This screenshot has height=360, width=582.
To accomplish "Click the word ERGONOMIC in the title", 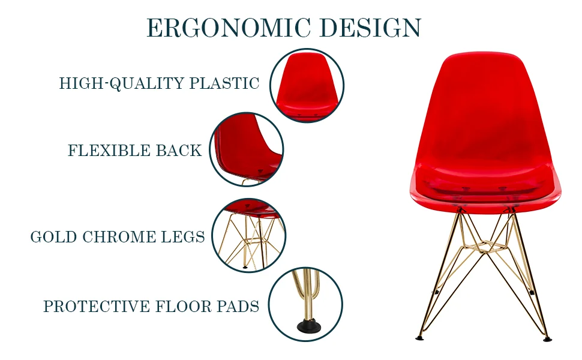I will [229, 29].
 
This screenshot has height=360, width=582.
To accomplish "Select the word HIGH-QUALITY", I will [121, 83].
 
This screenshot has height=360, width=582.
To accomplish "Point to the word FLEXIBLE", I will [109, 151].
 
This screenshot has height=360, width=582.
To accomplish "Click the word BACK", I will [179, 151].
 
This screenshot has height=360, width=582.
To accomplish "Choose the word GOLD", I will [54, 237].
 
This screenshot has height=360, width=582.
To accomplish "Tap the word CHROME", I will [121, 237].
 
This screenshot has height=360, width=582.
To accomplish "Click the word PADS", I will [238, 307].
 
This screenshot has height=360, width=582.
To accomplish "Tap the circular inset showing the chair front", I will [307, 86].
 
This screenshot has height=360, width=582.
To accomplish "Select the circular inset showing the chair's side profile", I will [246, 149].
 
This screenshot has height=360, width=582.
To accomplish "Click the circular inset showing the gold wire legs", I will [248, 235].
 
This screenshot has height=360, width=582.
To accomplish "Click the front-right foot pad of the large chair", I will [547, 338].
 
